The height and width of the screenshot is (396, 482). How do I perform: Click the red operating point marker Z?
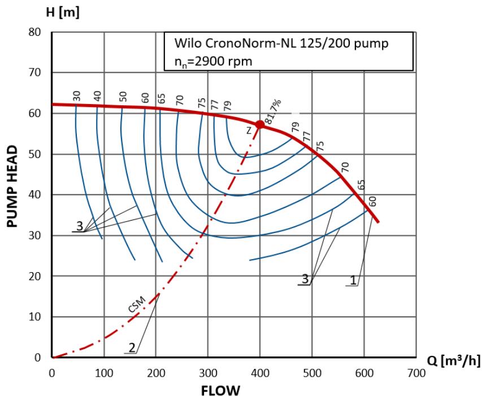259,124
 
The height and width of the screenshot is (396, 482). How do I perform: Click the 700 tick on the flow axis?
416,372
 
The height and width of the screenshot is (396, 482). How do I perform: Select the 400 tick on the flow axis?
260,372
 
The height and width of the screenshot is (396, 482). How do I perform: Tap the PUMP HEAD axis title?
12,188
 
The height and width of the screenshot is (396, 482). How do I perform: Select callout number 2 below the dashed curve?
132,347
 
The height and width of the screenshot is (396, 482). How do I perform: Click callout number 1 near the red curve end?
354,279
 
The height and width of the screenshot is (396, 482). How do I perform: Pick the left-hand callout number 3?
79,226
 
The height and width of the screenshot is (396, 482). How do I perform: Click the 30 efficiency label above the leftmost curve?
76,96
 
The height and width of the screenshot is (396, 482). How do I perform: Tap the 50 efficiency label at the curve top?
123,96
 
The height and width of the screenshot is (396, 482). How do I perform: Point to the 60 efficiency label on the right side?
372,201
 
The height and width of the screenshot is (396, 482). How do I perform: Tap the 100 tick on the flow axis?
104,372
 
